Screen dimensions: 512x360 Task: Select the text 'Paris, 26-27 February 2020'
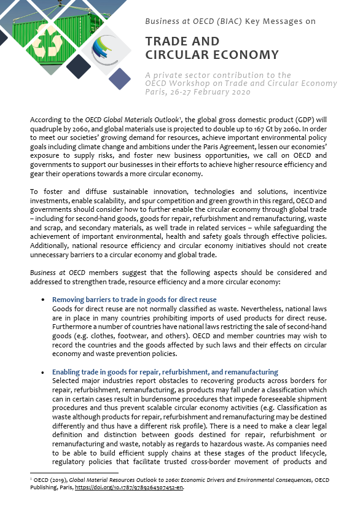pos(198,92)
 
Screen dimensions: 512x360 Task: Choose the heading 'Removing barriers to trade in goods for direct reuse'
pos(134,299)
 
